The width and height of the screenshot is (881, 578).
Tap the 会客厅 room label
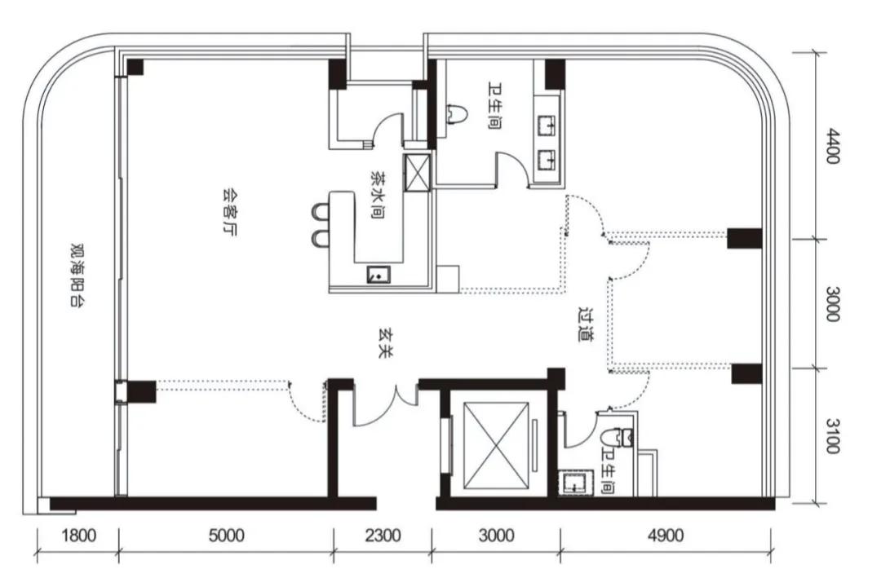[x=228, y=212]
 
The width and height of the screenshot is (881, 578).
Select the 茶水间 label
[x=378, y=194]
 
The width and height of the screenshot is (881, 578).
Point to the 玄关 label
[x=385, y=343]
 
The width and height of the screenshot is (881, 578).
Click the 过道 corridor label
[x=586, y=324]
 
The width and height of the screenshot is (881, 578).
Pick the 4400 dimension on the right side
[x=833, y=146]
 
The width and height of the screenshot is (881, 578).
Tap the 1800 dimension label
[x=78, y=536]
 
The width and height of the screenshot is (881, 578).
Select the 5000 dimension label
[x=227, y=536]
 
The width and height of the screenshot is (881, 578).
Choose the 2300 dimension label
[x=383, y=536]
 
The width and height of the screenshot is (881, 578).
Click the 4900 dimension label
[x=666, y=536]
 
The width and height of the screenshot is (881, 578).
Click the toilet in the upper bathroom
[x=456, y=114]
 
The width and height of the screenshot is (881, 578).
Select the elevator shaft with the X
[x=496, y=445]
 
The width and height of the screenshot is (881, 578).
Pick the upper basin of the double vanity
[x=547, y=126]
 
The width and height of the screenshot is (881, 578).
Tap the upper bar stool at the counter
[x=321, y=212]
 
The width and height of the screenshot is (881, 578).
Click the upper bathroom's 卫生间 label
[x=494, y=106]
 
